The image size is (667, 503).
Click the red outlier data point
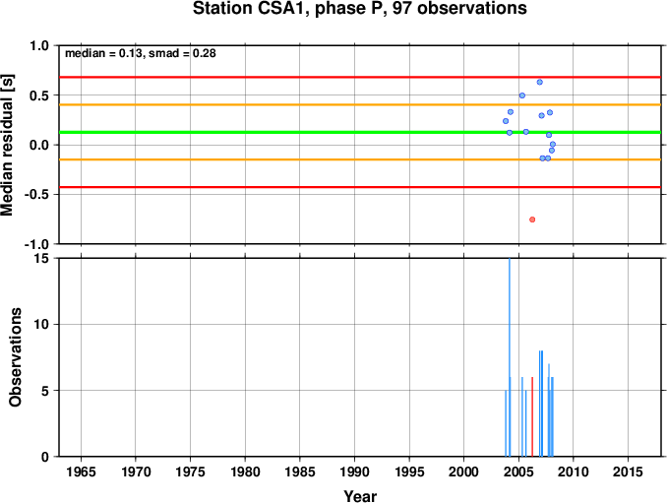click(x=532, y=220)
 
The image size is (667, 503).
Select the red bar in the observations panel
click(x=532, y=416)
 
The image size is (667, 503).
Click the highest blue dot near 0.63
click(x=540, y=82)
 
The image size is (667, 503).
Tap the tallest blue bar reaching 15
click(x=510, y=357)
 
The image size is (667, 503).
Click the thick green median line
click(x=360, y=132)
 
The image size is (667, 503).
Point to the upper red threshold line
click(x=360, y=77)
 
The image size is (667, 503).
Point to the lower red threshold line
click(x=360, y=187)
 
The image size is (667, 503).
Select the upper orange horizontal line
click(x=360, y=104)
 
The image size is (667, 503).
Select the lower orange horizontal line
click(x=360, y=159)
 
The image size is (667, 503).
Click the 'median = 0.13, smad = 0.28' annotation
click(x=141, y=53)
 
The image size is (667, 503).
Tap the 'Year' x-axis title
click(x=360, y=496)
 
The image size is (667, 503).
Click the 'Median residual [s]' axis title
click(x=7, y=146)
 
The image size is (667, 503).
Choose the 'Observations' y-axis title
click(x=15, y=357)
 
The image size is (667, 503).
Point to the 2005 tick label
click(x=518, y=472)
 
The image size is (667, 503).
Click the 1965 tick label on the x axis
click(x=81, y=472)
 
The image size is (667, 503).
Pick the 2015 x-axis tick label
click(x=628, y=472)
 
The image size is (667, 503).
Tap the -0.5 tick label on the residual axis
click(x=38, y=195)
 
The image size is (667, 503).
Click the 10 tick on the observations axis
click(x=41, y=324)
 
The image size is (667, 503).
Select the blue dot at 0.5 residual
click(x=522, y=95)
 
